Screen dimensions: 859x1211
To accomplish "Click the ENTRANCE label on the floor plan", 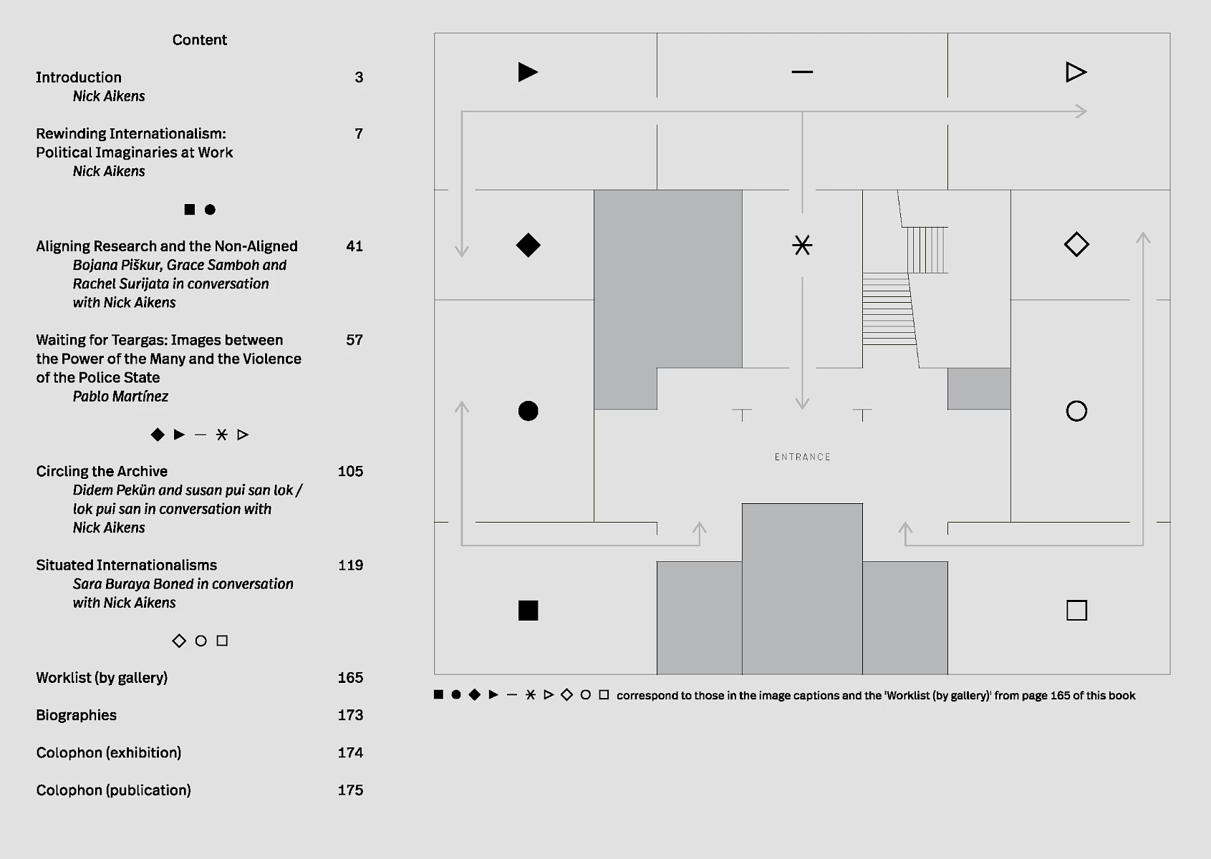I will click(802, 457).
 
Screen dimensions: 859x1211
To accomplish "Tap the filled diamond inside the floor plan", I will click(528, 245).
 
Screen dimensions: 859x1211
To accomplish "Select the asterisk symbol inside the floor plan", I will click(802, 245).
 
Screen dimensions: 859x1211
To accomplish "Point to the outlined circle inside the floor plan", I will click(1076, 411).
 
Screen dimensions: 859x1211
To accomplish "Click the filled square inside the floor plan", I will click(528, 611).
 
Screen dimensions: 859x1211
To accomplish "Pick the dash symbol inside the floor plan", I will click(802, 72).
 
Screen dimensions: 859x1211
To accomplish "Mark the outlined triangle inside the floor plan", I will click(1076, 72).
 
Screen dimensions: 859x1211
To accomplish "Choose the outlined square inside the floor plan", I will click(1076, 611).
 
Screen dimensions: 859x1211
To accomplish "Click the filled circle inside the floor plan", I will click(528, 411).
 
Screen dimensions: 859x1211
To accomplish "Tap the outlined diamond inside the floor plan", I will click(1076, 245).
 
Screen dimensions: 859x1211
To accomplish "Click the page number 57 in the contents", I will click(354, 340).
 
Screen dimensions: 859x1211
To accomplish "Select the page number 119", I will click(350, 566).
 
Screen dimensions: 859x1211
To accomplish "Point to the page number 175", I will click(350, 790).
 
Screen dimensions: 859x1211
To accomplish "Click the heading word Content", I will click(199, 40).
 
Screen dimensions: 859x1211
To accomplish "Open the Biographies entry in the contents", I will click(76, 715).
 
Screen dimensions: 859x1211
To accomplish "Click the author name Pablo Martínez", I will click(120, 397).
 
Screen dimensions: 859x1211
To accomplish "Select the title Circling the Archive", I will click(102, 472).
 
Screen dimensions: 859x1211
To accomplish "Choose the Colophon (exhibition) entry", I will click(108, 753).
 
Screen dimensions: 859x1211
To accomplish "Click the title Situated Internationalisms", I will click(126, 566).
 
